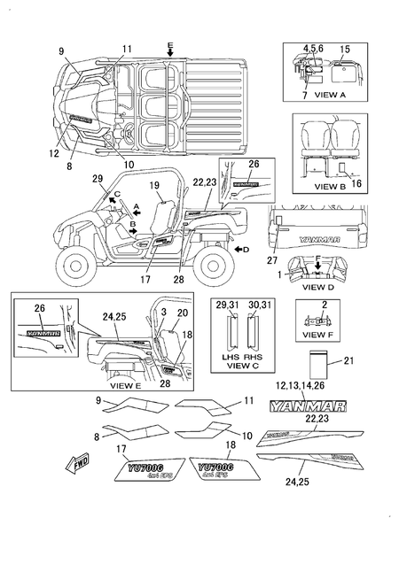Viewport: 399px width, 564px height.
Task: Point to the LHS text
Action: click(x=232, y=353)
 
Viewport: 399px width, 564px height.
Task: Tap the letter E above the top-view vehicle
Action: click(x=170, y=43)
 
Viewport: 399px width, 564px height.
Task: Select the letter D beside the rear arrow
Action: click(x=246, y=251)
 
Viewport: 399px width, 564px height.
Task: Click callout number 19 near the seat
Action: click(x=153, y=185)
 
